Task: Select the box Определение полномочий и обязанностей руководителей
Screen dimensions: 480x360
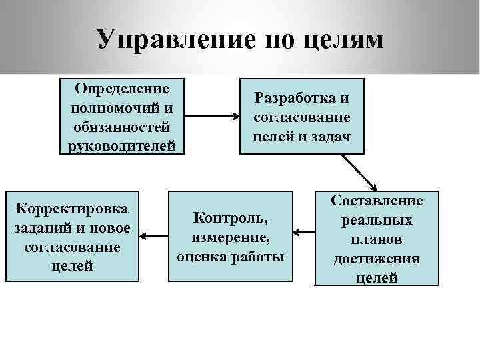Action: click(x=122, y=116)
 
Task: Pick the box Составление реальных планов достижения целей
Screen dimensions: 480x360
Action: click(x=377, y=239)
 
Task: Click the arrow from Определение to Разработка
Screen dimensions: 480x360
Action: click(x=211, y=117)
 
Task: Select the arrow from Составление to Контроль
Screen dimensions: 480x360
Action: click(x=303, y=233)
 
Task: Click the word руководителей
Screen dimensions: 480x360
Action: click(x=122, y=145)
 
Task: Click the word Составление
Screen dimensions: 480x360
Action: click(x=377, y=200)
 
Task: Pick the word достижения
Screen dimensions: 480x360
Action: click(x=377, y=258)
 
